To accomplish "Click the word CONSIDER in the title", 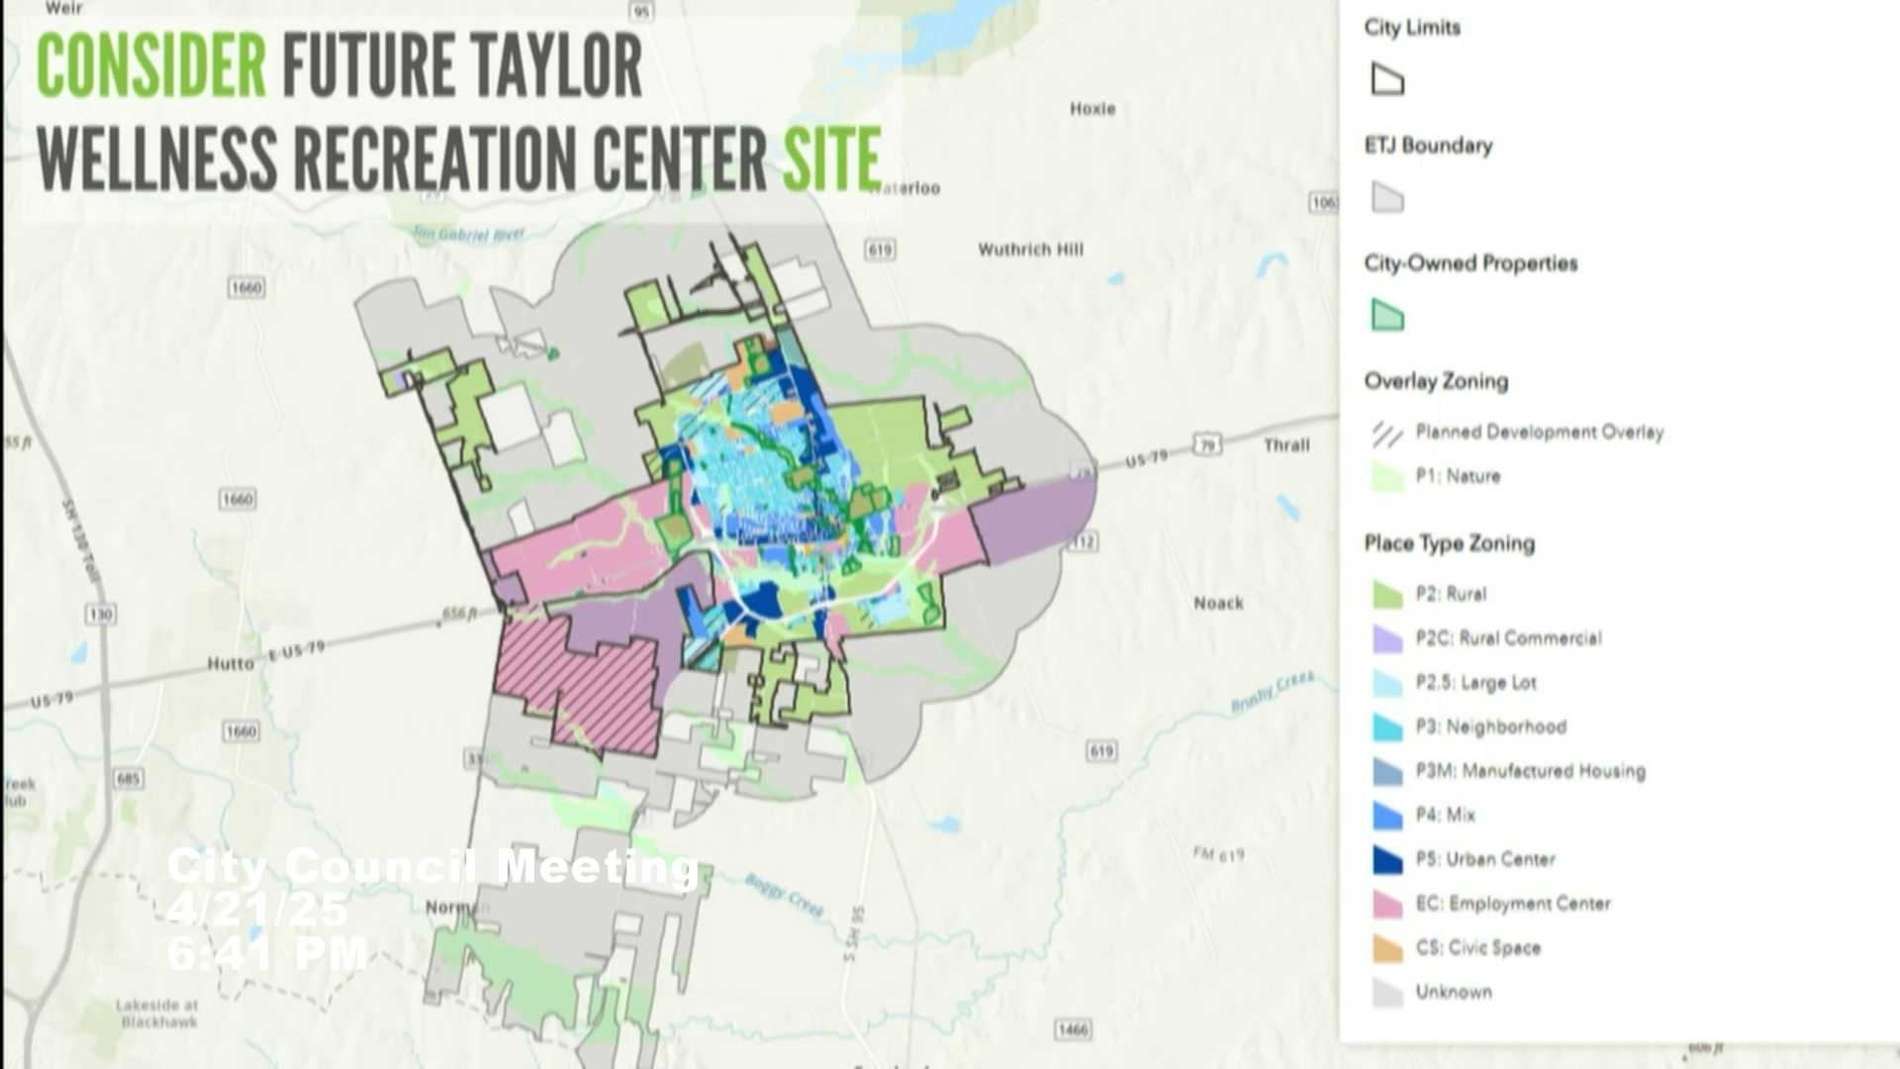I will tap(150, 65).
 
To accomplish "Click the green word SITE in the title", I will tap(831, 158).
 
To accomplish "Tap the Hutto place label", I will tap(231, 663).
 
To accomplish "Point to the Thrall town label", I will tap(1286, 445).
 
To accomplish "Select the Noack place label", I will tap(1218, 603).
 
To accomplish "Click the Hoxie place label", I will tap(1092, 109).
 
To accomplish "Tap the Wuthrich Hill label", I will tap(1030, 249).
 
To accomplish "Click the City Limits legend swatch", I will tap(1387, 79).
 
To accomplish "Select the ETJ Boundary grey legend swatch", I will tap(1387, 198).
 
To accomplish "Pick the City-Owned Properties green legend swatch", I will tap(1387, 316).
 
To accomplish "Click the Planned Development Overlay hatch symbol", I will tap(1387, 434).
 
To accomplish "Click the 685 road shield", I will tap(129, 778).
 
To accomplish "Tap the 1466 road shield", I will tap(1073, 1029).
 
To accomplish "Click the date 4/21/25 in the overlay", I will tap(257, 909).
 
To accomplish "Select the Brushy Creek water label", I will tap(1273, 692).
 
